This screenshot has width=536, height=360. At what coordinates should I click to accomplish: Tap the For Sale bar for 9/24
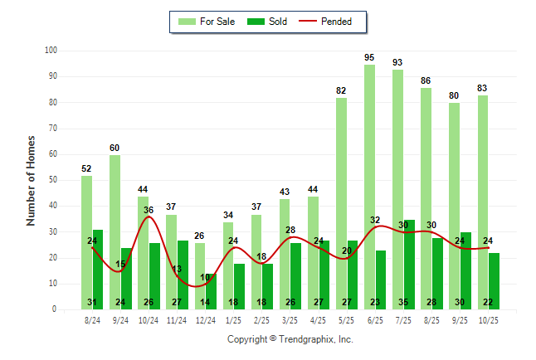click(115, 232)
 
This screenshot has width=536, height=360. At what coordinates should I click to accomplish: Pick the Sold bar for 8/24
click(98, 270)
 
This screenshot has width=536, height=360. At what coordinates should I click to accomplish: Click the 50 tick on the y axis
click(52, 180)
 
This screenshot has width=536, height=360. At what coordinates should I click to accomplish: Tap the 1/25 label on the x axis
click(234, 319)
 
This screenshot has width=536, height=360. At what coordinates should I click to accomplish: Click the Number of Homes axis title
click(32, 180)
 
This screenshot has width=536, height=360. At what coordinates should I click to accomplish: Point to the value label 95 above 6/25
click(369, 57)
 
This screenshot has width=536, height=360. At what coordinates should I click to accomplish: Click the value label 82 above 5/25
click(341, 90)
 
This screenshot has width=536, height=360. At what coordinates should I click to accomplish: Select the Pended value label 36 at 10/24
click(149, 210)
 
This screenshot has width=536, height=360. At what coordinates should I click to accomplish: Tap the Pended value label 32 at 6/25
click(375, 220)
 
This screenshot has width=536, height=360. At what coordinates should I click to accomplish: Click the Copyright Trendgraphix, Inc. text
click(290, 339)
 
